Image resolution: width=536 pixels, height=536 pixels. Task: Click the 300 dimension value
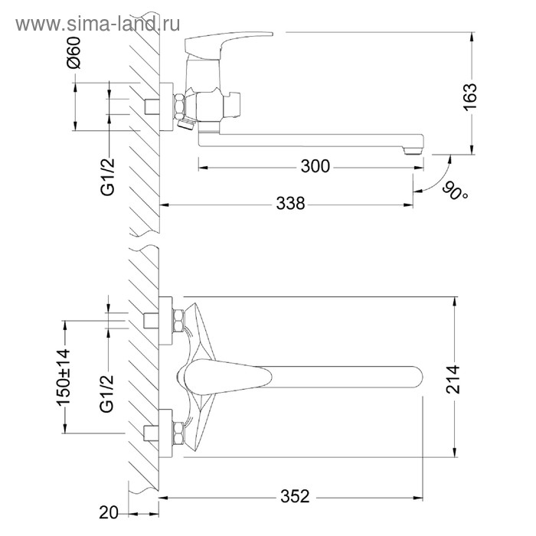coord(315,166)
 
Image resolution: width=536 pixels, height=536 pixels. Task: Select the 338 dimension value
coord(290,204)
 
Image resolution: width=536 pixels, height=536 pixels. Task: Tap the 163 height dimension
coord(470,96)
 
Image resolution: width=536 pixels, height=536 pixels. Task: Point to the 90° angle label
coord(456,191)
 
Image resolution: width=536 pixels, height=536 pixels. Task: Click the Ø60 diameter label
coord(74,53)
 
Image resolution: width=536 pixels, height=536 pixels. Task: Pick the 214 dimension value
coord(453,380)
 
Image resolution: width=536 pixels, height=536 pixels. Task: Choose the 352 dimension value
coord(295,496)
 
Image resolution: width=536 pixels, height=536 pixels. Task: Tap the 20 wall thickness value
coord(109,512)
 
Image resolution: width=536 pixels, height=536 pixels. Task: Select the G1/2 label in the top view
coord(108,177)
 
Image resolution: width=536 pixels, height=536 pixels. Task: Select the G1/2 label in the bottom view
coord(107,394)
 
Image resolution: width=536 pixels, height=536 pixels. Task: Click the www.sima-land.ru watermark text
coord(98,24)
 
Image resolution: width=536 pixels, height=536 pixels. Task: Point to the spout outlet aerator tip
coord(413,151)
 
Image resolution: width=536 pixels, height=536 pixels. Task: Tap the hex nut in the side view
coord(179,106)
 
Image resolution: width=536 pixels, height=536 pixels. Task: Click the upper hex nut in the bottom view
coord(178,320)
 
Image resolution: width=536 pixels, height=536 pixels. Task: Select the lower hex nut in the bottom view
coord(178,433)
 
